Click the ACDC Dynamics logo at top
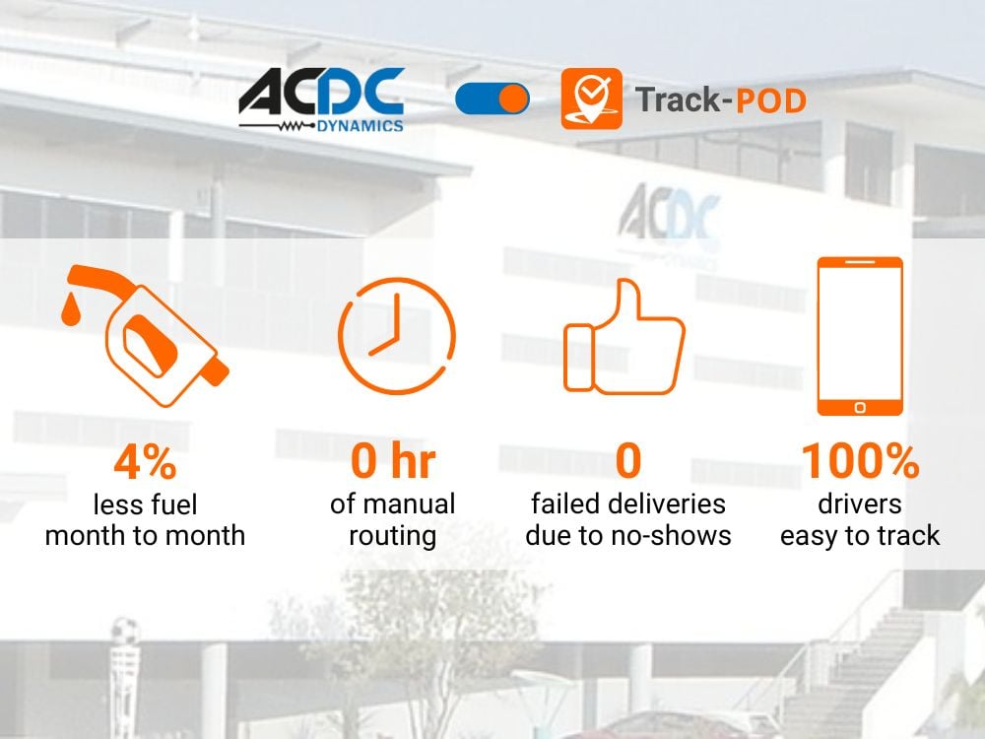click(321, 100)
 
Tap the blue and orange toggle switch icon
click(492, 99)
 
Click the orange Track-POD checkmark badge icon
click(591, 99)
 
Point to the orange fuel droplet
click(70, 309)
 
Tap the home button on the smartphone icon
click(860, 406)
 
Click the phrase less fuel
click(145, 505)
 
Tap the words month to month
click(145, 536)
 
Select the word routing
click(393, 536)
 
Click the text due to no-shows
click(628, 536)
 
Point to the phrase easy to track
click(860, 536)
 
